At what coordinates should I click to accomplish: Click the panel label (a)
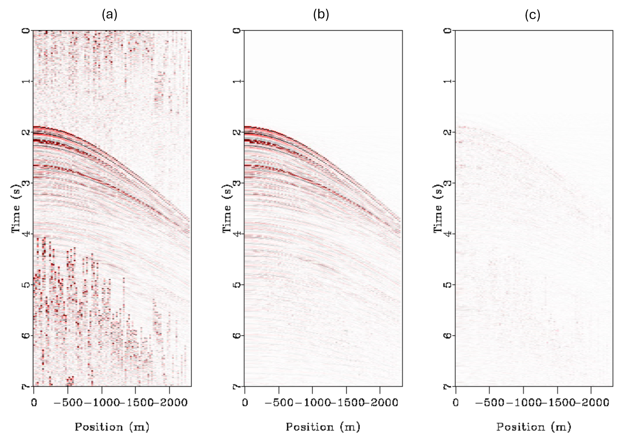click(x=110, y=14)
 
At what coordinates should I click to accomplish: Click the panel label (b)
click(x=321, y=14)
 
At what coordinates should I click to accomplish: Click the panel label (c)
click(x=532, y=14)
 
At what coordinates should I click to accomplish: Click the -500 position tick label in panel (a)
click(x=68, y=403)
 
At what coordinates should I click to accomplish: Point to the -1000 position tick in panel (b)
click(x=313, y=403)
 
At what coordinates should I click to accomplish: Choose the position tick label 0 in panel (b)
click(x=245, y=403)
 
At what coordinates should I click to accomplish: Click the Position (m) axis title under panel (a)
click(x=112, y=427)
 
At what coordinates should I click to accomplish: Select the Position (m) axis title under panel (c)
click(x=534, y=427)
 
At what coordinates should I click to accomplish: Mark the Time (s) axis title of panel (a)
click(x=16, y=209)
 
